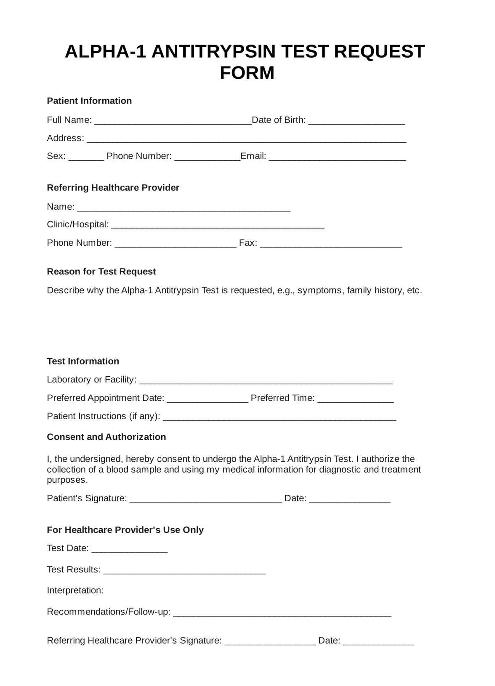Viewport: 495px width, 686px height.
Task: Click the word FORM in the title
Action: click(x=247, y=73)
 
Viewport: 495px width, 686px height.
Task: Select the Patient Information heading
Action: click(x=89, y=101)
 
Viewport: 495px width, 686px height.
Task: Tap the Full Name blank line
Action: click(x=173, y=121)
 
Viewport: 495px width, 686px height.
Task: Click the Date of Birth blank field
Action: click(x=357, y=121)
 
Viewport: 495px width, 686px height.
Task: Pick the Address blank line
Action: click(x=246, y=139)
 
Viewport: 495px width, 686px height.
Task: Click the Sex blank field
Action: click(x=86, y=157)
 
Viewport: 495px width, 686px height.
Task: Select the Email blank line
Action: click(x=337, y=157)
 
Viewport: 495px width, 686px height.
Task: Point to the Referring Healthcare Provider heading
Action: click(x=113, y=187)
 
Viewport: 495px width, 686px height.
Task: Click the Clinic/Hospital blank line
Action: click(x=218, y=226)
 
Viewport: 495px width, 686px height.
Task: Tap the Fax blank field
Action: click(x=331, y=244)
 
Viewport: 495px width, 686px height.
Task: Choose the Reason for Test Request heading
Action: click(x=101, y=271)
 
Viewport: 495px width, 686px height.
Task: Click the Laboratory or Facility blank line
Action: click(x=266, y=381)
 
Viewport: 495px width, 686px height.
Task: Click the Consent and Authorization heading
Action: click(x=106, y=437)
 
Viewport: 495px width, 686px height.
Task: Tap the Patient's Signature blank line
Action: click(x=205, y=500)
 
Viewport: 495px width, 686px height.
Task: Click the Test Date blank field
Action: click(x=129, y=549)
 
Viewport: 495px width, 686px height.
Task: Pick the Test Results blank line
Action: click(x=184, y=571)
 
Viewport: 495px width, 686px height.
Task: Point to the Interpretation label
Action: click(x=75, y=590)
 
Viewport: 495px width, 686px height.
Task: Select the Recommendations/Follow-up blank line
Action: click(x=282, y=613)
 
